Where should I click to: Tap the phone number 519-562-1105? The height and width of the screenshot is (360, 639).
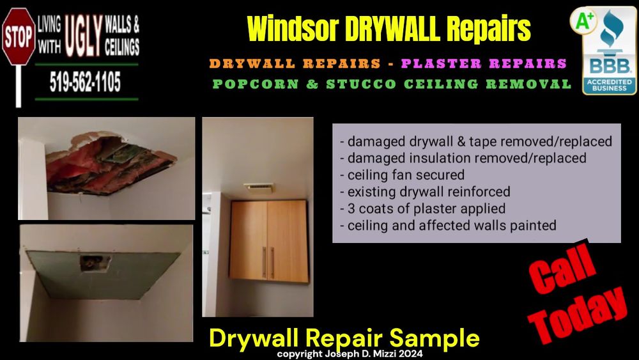[x=85, y=82]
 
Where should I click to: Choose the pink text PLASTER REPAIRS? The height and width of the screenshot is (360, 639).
[x=484, y=63]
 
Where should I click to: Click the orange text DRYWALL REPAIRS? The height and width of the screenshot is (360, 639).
[x=295, y=63]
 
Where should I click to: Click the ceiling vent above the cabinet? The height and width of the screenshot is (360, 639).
[x=259, y=188]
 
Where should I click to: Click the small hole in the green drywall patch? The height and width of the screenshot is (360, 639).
[x=95, y=263]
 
